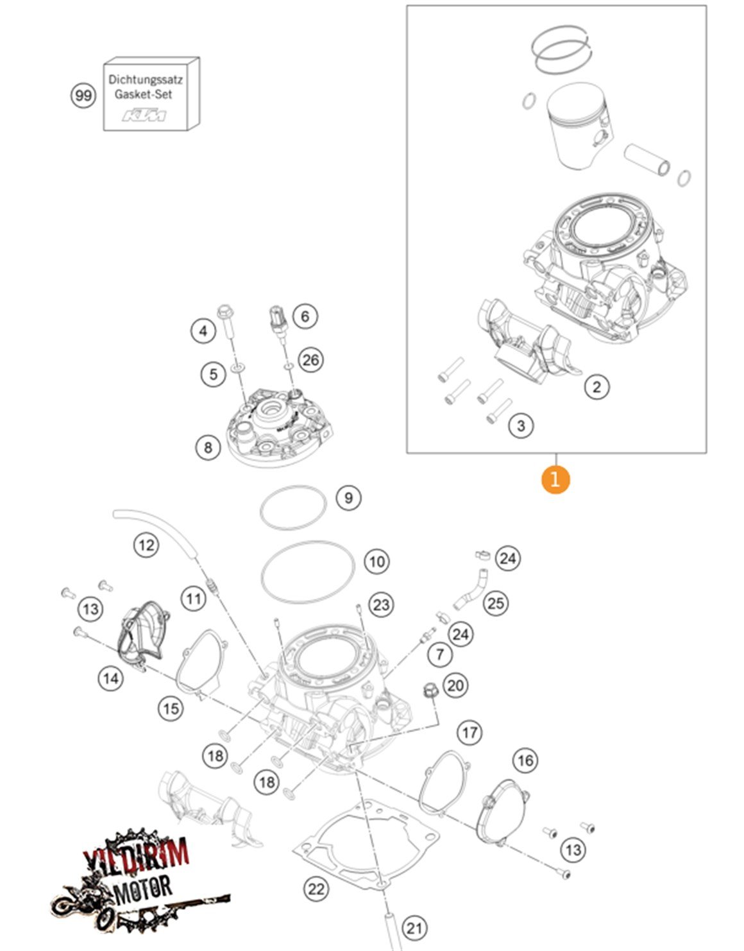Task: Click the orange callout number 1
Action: (x=555, y=479)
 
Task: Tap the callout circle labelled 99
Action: (x=83, y=96)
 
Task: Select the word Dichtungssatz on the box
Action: (x=146, y=80)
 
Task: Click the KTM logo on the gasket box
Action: (x=144, y=116)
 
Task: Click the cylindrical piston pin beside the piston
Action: (x=648, y=160)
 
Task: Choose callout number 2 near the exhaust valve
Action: (x=597, y=386)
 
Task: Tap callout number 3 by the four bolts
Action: (x=521, y=425)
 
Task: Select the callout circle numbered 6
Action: (x=305, y=316)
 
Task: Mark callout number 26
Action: (x=311, y=359)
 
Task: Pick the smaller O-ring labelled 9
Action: (x=293, y=508)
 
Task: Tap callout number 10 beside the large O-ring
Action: (x=377, y=562)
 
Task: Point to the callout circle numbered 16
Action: (x=525, y=760)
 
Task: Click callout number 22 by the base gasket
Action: (x=316, y=889)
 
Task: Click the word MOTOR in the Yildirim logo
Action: (x=142, y=888)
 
